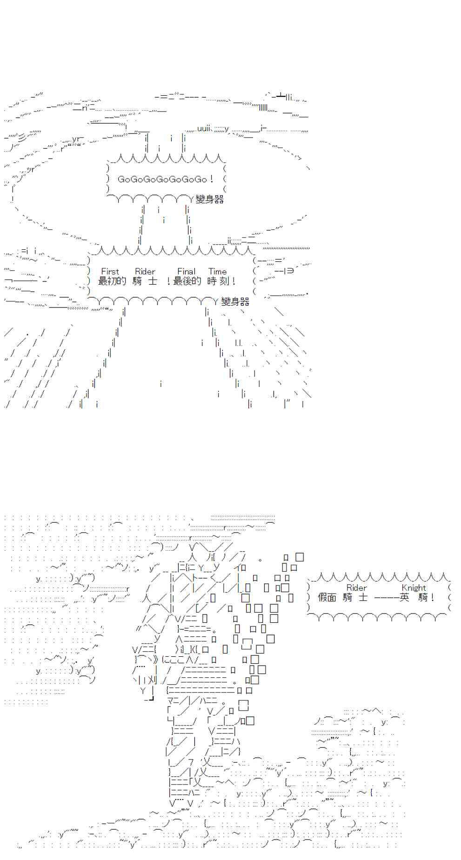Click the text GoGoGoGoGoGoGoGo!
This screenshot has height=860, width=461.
coord(165,179)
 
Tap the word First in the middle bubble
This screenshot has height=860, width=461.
coord(110,271)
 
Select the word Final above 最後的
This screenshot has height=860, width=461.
coord(186,271)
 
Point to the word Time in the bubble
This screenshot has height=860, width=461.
coord(217,271)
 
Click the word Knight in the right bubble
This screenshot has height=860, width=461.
coord(414,587)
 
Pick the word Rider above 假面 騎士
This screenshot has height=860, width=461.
coord(356,587)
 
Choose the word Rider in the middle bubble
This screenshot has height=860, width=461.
coord(145,271)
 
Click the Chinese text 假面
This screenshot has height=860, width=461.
coord(327,597)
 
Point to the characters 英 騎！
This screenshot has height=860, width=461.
coord(417,597)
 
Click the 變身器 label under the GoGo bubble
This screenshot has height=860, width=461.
coord(210,199)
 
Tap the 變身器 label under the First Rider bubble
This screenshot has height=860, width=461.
coord(235,301)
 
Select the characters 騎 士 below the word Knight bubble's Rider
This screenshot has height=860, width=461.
coord(355,597)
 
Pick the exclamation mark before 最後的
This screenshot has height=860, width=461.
coord(168,281)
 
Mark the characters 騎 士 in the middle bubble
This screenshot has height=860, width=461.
coord(144,281)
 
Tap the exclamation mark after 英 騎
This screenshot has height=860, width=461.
coord(432,597)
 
